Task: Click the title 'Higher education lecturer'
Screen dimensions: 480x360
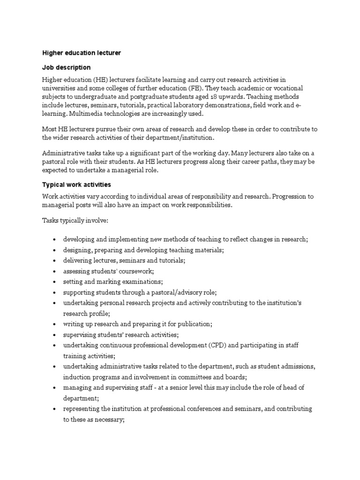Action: [82, 53]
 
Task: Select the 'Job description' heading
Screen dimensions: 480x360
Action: [66, 67]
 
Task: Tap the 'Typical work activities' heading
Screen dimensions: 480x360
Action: [77, 185]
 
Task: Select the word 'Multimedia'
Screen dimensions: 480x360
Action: [86, 114]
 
